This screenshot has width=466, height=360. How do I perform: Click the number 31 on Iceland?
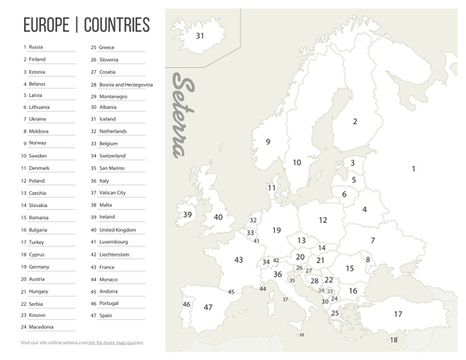pyautogui.click(x=200, y=36)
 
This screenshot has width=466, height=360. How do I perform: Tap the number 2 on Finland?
pyautogui.click(x=354, y=121)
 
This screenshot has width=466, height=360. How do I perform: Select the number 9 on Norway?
pyautogui.click(x=267, y=142)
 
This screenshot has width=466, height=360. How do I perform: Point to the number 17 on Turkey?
pyautogui.click(x=398, y=314)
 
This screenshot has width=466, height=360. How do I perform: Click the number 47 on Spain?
pyautogui.click(x=208, y=308)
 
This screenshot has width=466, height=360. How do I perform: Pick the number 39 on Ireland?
pyautogui.click(x=187, y=215)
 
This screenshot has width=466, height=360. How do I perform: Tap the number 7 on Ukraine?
pyautogui.click(x=372, y=240)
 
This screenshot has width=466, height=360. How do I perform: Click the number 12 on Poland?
pyautogui.click(x=322, y=220)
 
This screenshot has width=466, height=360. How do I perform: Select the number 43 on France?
pyautogui.click(x=239, y=260)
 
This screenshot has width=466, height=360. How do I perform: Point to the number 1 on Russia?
pyautogui.click(x=413, y=169)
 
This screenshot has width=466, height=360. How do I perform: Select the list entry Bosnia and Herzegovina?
pyautogui.click(x=127, y=84)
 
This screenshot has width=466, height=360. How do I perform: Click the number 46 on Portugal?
pyautogui.click(x=187, y=305)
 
